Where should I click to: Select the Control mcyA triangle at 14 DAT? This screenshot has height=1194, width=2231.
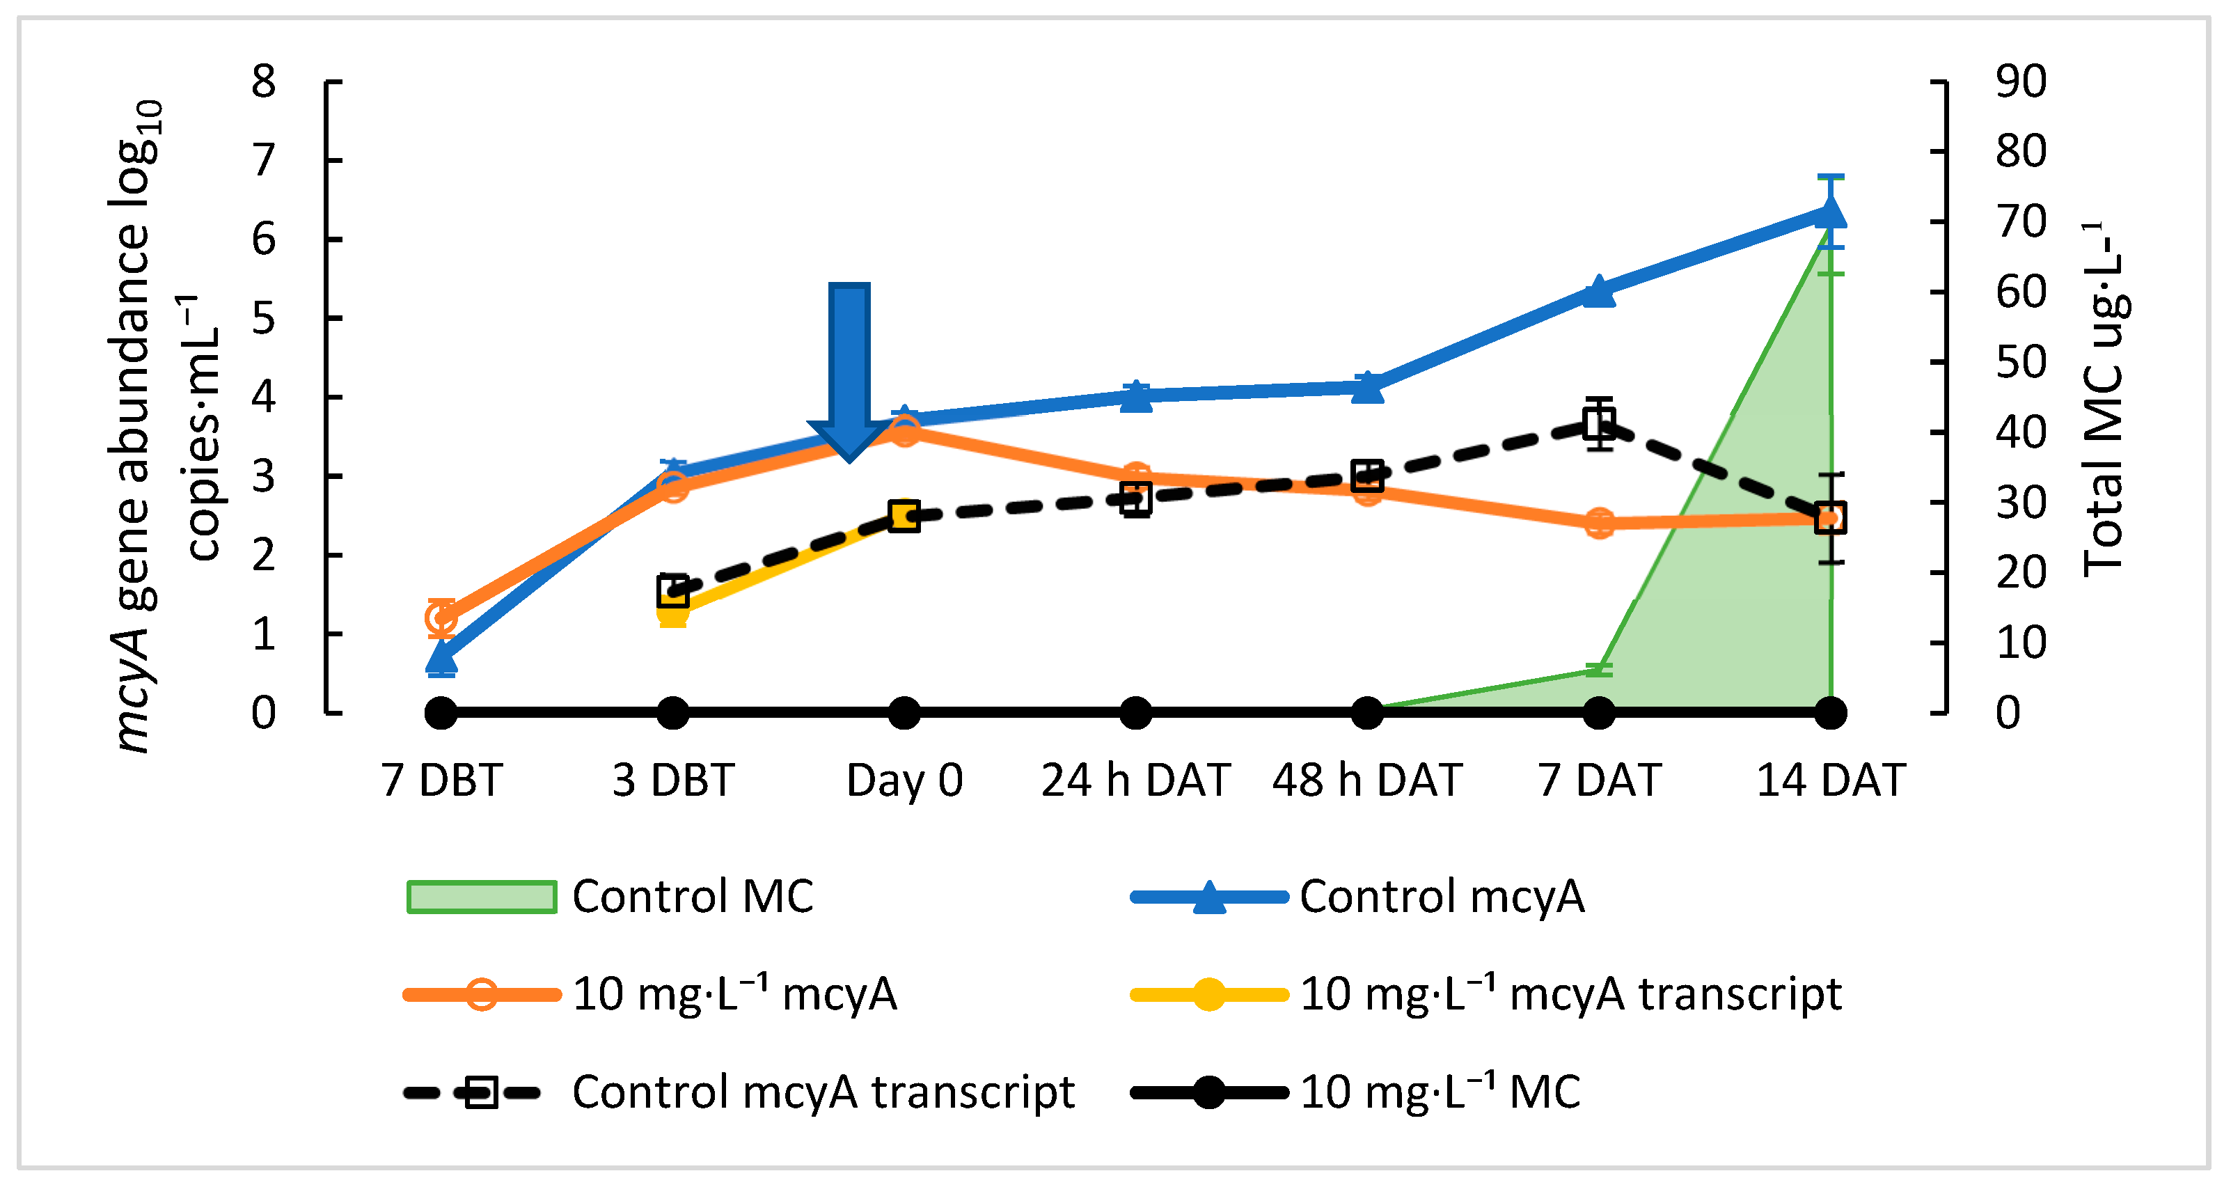click(x=1830, y=212)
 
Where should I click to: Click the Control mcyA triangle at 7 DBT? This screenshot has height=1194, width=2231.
click(x=442, y=659)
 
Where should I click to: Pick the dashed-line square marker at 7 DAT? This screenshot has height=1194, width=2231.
click(x=1599, y=424)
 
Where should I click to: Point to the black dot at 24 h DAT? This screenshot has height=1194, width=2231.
click(x=1135, y=713)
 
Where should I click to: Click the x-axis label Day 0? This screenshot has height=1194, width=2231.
click(x=904, y=780)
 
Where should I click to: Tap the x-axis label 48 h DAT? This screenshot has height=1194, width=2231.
click(x=1366, y=780)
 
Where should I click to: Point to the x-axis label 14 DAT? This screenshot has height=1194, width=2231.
click(x=1830, y=780)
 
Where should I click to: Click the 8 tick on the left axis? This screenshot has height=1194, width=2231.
click(x=263, y=82)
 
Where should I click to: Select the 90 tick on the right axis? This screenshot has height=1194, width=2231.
click(x=2021, y=82)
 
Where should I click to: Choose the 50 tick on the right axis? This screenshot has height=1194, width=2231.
click(x=2021, y=362)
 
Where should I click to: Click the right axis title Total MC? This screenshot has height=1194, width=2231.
click(x=2104, y=398)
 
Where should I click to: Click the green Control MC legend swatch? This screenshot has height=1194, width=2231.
click(x=482, y=897)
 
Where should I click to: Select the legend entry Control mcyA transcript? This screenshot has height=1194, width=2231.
click(x=823, y=1092)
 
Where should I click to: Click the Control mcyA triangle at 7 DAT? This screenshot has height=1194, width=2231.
click(x=1599, y=292)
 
